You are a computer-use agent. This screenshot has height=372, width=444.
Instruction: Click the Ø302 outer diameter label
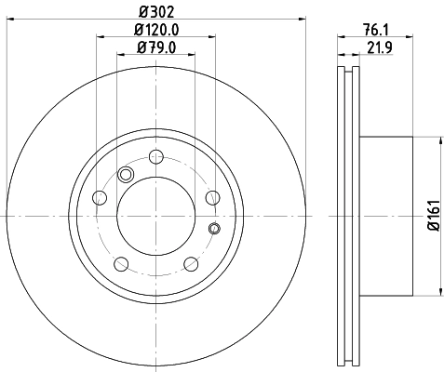point(155,11)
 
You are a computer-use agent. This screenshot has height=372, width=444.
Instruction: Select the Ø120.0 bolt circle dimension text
point(155,31)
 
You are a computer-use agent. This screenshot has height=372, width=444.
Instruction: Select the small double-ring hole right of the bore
point(214,229)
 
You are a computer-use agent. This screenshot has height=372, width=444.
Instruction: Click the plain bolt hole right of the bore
point(212,197)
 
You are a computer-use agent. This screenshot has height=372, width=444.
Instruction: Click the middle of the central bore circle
point(155,216)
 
